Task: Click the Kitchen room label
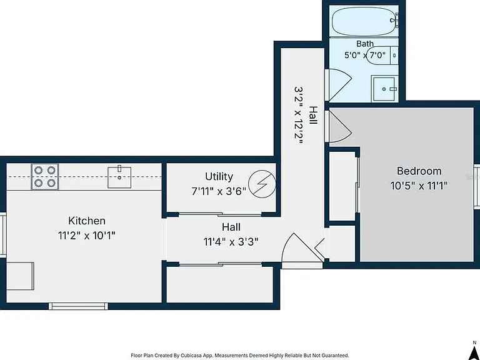pyautogui.click(x=87, y=221)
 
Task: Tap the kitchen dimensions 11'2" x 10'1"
pyautogui.click(x=87, y=236)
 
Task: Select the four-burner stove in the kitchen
pyautogui.click(x=45, y=177)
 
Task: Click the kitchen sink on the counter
pyautogui.click(x=119, y=177)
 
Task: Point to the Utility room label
pyautogui.click(x=219, y=176)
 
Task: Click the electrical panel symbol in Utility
pyautogui.click(x=262, y=184)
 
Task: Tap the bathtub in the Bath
pyautogui.click(x=365, y=21)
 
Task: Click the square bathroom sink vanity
pyautogui.click(x=385, y=89)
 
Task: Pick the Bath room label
pyautogui.click(x=365, y=44)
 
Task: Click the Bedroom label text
pyautogui.click(x=419, y=171)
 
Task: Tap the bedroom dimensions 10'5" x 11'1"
pyautogui.click(x=419, y=186)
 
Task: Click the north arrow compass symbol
pyautogui.click(x=475, y=349)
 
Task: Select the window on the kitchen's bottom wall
pyautogui.click(x=78, y=306)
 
